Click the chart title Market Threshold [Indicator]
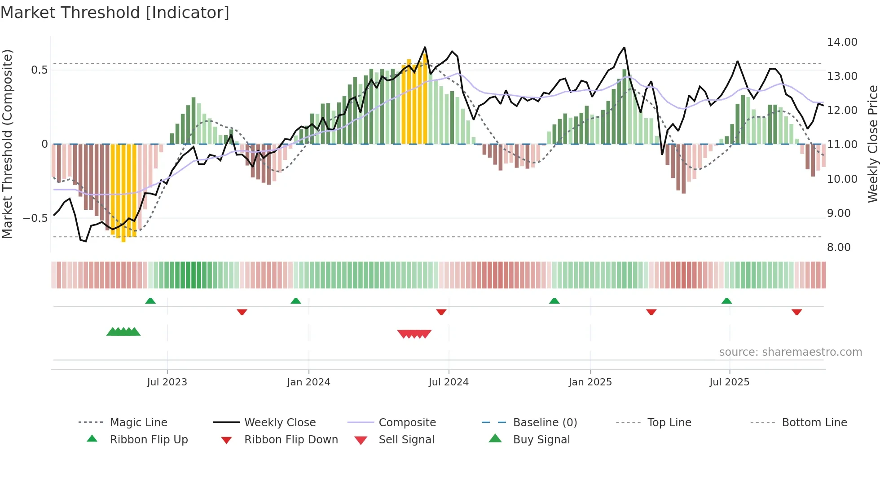(115, 13)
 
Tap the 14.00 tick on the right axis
(842, 42)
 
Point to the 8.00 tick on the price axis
(838, 247)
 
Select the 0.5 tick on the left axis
(39, 70)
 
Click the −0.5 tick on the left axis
(35, 218)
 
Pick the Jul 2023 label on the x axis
(167, 382)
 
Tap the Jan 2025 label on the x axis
(590, 382)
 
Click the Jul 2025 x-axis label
(729, 382)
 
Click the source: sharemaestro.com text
(790, 352)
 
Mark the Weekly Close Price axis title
(872, 144)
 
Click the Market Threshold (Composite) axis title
(7, 144)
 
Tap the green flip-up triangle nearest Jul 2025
(726, 301)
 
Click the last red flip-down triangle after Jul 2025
(796, 312)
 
